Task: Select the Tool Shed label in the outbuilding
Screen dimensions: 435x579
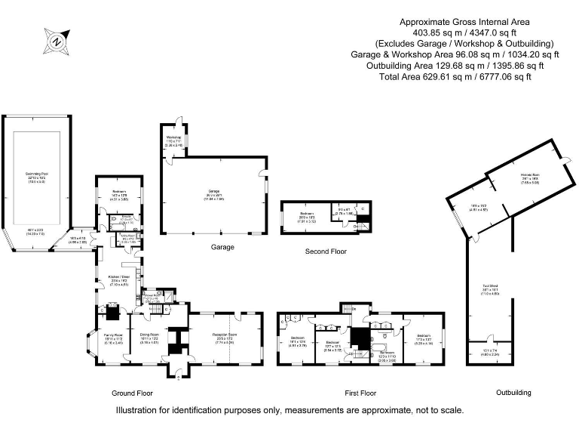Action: pyautogui.click(x=492, y=288)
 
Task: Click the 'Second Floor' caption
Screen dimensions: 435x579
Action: pyautogui.click(x=326, y=251)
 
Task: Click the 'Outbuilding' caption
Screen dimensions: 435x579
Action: pyautogui.click(x=513, y=393)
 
